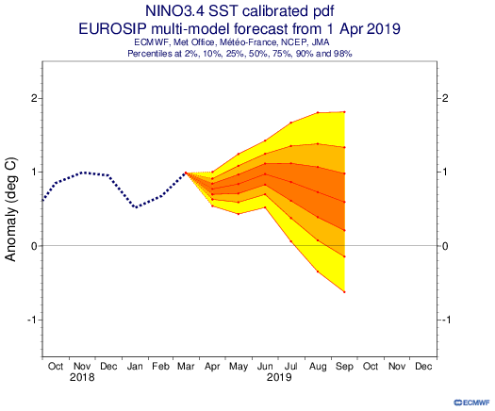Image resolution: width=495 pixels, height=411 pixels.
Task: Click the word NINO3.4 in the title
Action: tap(174, 11)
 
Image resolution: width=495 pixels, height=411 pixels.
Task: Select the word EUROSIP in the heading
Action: tap(112, 29)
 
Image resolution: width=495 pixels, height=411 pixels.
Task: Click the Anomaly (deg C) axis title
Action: tap(10, 209)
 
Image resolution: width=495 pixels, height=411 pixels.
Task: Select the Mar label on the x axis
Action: tap(186, 367)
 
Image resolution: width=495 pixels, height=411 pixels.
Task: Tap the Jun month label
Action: tap(265, 367)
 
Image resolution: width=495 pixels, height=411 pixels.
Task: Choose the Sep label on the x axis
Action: tap(344, 367)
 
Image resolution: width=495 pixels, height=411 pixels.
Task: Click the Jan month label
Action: tap(135, 367)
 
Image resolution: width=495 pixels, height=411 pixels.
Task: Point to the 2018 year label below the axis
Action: tap(82, 377)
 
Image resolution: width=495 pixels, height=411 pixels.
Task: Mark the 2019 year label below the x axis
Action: tap(279, 377)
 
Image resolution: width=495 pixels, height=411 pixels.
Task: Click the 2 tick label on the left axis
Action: tap(34, 98)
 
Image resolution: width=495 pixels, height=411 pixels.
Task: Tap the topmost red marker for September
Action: tap(344, 112)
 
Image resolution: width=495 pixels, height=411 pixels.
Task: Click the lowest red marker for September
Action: tap(344, 292)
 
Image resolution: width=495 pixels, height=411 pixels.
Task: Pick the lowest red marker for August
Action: tap(318, 271)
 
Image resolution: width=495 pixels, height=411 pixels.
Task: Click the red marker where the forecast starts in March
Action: tap(186, 173)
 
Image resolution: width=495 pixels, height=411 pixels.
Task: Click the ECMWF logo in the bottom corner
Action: tap(471, 403)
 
